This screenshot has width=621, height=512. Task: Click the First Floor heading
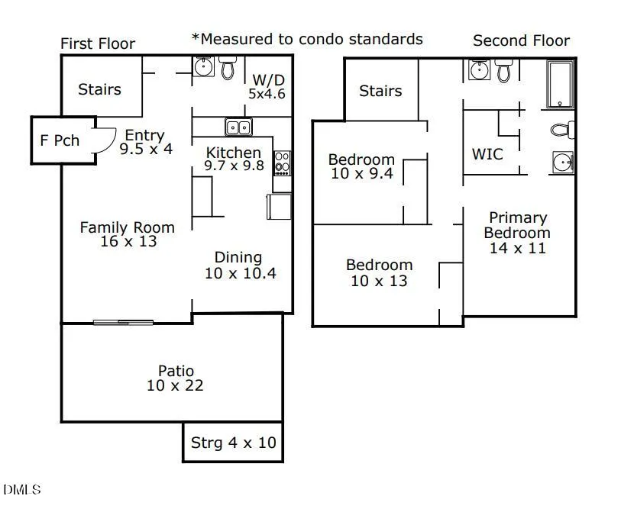[98, 43]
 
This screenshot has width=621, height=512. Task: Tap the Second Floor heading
[521, 40]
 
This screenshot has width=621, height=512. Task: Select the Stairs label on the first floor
[99, 89]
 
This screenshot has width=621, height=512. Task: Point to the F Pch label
[60, 141]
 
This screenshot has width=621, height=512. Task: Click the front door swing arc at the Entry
[107, 140]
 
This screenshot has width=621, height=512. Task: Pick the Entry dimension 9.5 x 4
[146, 149]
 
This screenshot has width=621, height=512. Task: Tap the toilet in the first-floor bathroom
[228, 69]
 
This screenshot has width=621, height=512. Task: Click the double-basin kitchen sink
[238, 127]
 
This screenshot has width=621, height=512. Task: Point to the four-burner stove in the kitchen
[282, 163]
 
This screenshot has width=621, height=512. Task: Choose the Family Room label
[127, 227]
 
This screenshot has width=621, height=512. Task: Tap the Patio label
[176, 372]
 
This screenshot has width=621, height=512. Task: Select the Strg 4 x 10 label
[233, 443]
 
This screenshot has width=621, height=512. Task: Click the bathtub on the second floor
[560, 85]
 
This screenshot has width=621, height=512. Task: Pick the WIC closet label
[487, 154]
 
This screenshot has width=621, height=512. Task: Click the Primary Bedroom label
[517, 225]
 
